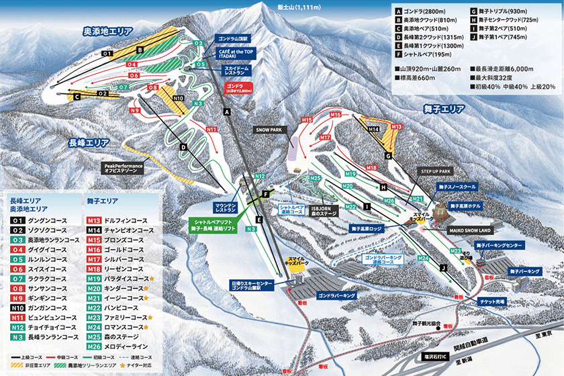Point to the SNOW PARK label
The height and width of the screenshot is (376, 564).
271,129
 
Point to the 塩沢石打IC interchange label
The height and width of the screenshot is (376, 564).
439,357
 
